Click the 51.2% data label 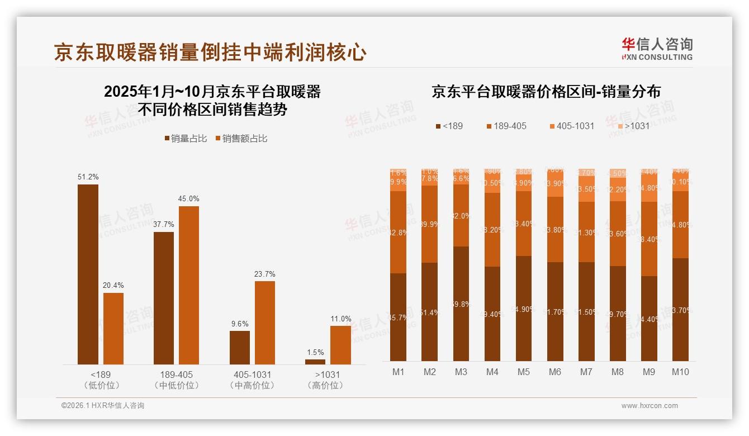click(88, 177)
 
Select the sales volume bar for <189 click(88, 274)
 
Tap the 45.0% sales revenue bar click(188, 285)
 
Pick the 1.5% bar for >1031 click(315, 362)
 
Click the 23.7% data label click(264, 274)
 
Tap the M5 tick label click(523, 372)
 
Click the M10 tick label click(680, 372)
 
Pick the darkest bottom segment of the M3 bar click(461, 304)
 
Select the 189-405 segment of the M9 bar click(648, 239)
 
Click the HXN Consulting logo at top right click(657, 49)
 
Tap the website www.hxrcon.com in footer click(650, 406)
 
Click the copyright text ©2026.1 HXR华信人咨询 click(102, 406)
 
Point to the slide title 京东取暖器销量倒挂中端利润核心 click(210, 52)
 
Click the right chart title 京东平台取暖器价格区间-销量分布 click(546, 92)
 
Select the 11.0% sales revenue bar click(340, 345)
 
